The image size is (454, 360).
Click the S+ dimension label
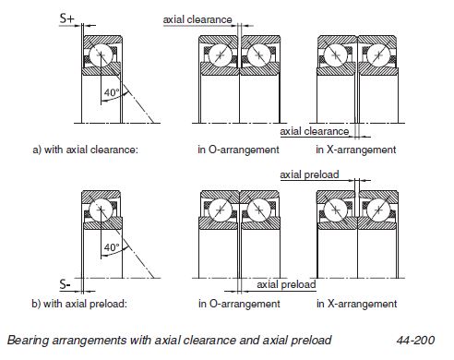click(x=66, y=18)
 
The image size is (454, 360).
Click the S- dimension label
click(x=65, y=284)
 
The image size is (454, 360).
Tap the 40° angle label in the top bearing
click(x=112, y=92)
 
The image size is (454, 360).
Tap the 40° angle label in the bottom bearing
click(x=112, y=247)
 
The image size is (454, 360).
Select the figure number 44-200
click(x=415, y=341)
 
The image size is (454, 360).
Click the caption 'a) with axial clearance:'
click(x=86, y=150)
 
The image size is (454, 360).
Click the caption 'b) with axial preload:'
click(x=79, y=304)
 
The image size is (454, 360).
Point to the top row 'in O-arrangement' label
click(x=238, y=150)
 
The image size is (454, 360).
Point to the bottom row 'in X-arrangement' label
click(x=357, y=304)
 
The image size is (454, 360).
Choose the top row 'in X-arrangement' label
click(x=356, y=150)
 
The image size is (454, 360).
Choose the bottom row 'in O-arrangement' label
click(x=239, y=304)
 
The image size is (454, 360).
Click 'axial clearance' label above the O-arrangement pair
click(x=197, y=19)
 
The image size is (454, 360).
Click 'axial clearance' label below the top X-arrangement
click(x=315, y=131)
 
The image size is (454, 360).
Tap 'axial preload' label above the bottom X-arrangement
click(x=309, y=174)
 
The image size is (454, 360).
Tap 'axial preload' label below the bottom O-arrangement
click(x=286, y=284)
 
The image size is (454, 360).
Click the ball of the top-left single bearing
click(x=101, y=55)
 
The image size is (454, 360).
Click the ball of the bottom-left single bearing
click(x=101, y=210)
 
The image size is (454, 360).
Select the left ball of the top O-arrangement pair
click(x=221, y=55)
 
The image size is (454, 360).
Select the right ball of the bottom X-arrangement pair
click(x=378, y=210)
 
